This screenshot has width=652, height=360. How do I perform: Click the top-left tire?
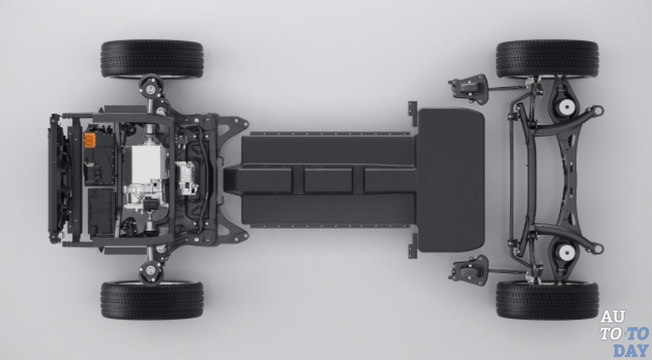(152, 59)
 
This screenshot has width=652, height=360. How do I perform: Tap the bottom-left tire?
(152, 300)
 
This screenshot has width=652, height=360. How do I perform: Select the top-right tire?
(547, 59)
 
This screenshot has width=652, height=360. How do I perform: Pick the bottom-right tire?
(547, 300)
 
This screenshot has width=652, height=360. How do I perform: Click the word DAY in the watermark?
(631, 350)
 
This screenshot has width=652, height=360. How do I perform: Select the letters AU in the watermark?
(612, 317)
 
